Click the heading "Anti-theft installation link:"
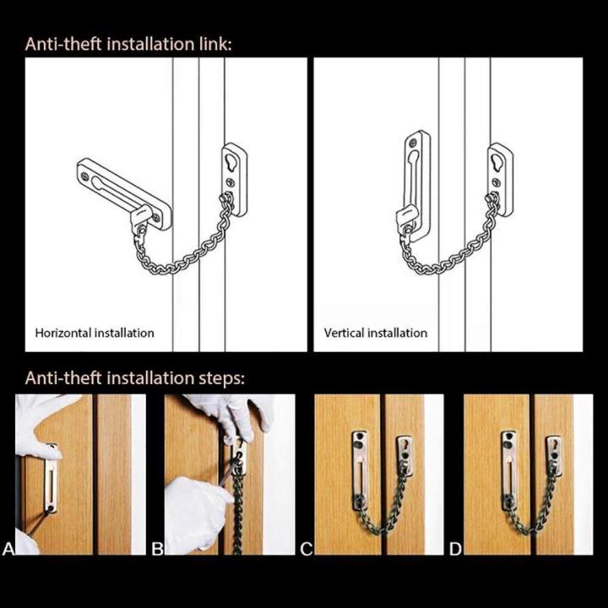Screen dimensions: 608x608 point(128,44)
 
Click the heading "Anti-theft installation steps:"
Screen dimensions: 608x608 point(134,377)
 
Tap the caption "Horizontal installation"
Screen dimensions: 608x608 point(95,333)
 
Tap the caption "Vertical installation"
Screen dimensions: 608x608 point(376,333)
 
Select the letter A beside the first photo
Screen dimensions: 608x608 point(8,550)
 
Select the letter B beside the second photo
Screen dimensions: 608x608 point(157,550)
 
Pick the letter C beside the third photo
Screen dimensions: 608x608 point(307,550)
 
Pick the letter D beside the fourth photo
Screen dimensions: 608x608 point(455,550)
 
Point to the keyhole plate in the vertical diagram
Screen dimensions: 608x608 point(500,178)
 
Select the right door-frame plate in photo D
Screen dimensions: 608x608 point(553,456)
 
